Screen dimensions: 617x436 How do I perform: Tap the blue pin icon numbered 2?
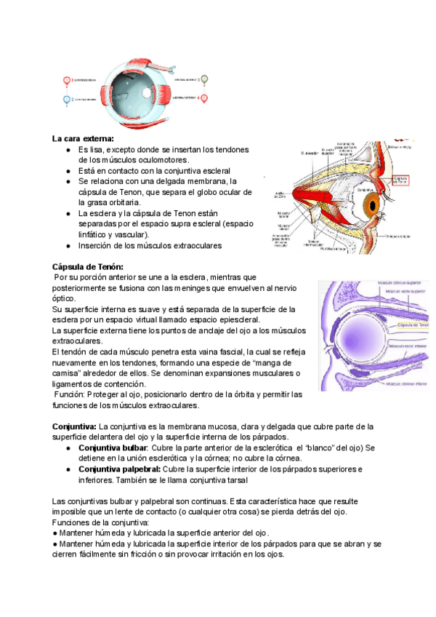(66, 100)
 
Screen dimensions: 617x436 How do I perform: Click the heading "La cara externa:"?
(83, 138)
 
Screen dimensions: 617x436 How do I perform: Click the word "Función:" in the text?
(74, 394)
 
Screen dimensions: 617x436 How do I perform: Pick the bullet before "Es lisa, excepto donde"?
(68, 149)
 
